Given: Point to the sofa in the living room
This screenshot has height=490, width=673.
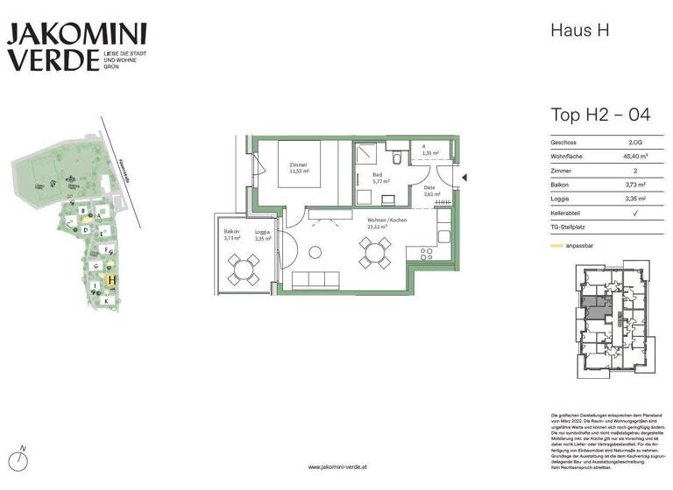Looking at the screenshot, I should (x=315, y=279).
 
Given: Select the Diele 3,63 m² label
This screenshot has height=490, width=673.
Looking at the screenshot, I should (x=429, y=191).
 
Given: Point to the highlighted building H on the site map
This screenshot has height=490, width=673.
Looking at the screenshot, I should (x=111, y=281).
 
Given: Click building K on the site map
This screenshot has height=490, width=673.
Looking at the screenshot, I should (x=106, y=301).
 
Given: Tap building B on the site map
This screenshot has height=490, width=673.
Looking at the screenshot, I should (x=82, y=211).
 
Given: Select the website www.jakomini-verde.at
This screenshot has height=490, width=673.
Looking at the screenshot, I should (x=336, y=467).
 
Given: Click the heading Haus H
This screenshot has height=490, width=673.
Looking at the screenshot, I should (x=579, y=30).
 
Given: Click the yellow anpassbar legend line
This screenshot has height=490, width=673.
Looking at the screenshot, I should (x=558, y=247).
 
